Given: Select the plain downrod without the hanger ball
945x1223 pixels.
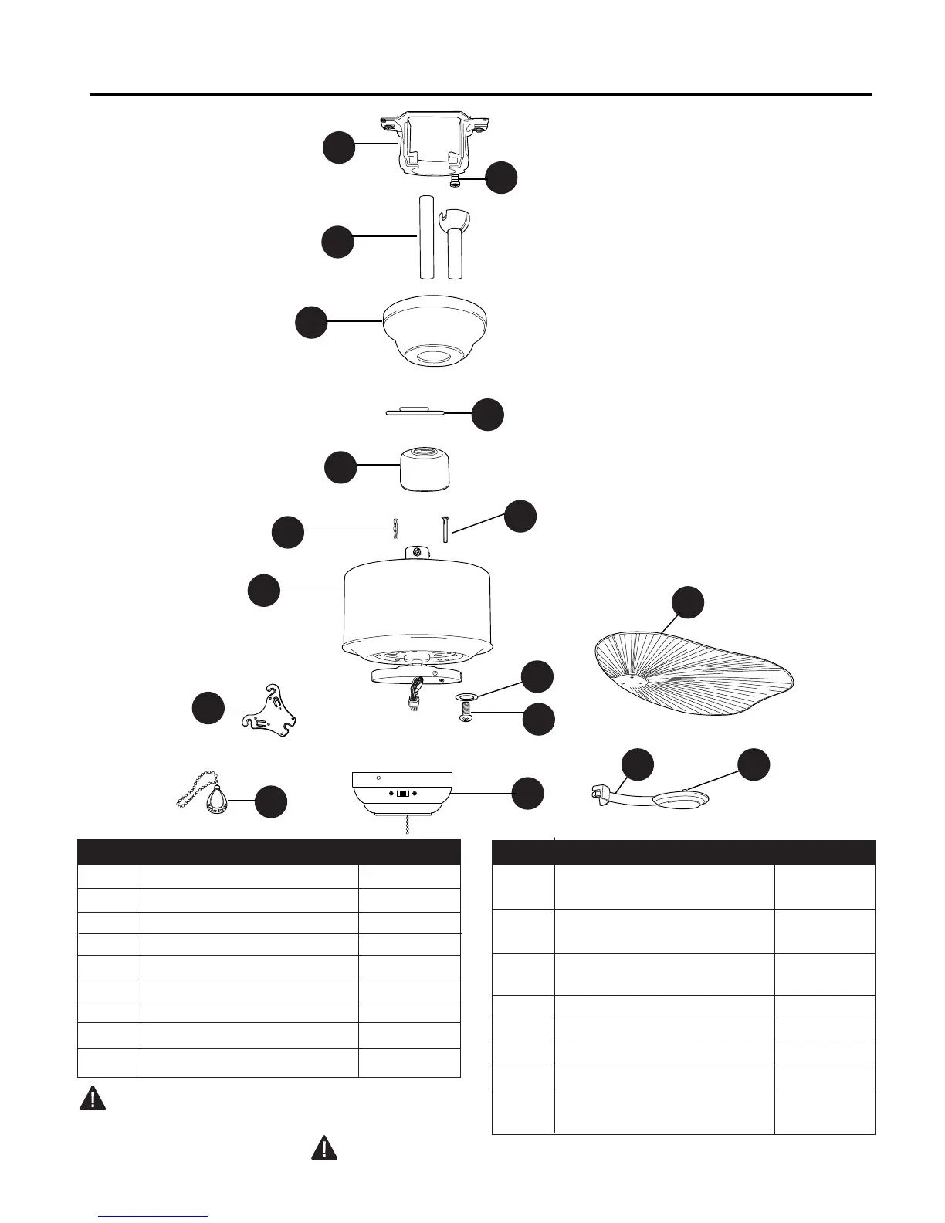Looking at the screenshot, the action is coord(423,237).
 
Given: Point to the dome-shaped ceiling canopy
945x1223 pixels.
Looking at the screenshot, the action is coord(435,328).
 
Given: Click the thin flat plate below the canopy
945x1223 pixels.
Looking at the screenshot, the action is coord(415,411).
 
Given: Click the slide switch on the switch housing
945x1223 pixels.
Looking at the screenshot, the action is coord(402,793).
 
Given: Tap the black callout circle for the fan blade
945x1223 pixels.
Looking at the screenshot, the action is coord(687,603).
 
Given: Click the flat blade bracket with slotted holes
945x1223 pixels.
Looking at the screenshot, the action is coord(270,709).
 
